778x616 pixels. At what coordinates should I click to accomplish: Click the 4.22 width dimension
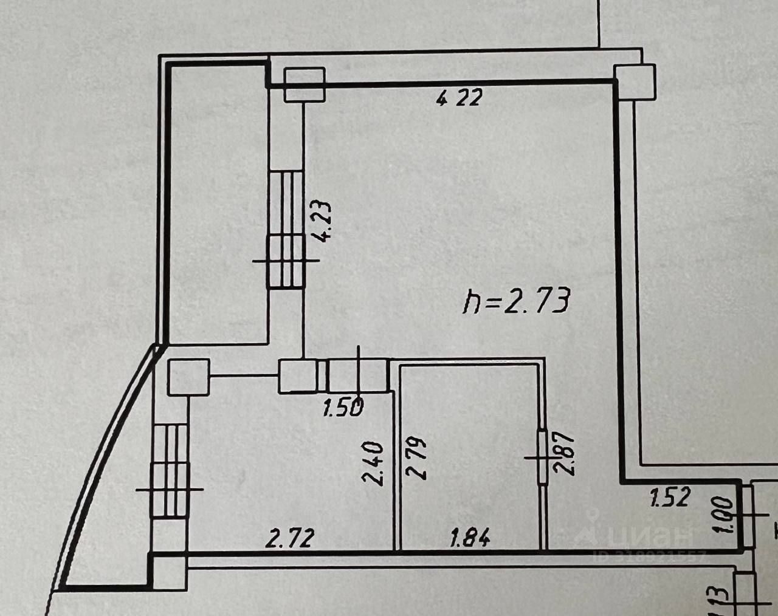point(459,97)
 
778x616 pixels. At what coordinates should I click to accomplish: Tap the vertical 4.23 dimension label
point(322,222)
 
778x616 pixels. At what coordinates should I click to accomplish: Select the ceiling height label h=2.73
point(516,301)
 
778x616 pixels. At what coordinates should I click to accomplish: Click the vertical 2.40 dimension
point(372,463)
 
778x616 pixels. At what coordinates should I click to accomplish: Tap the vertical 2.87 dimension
point(560,453)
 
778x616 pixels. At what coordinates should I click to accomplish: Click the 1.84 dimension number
point(469,538)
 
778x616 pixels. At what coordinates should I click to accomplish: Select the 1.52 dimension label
point(671,498)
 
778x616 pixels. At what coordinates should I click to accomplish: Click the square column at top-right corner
point(636,81)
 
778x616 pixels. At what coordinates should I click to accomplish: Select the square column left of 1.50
point(297,377)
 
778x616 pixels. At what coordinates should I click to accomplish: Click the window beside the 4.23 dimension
point(285,229)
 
